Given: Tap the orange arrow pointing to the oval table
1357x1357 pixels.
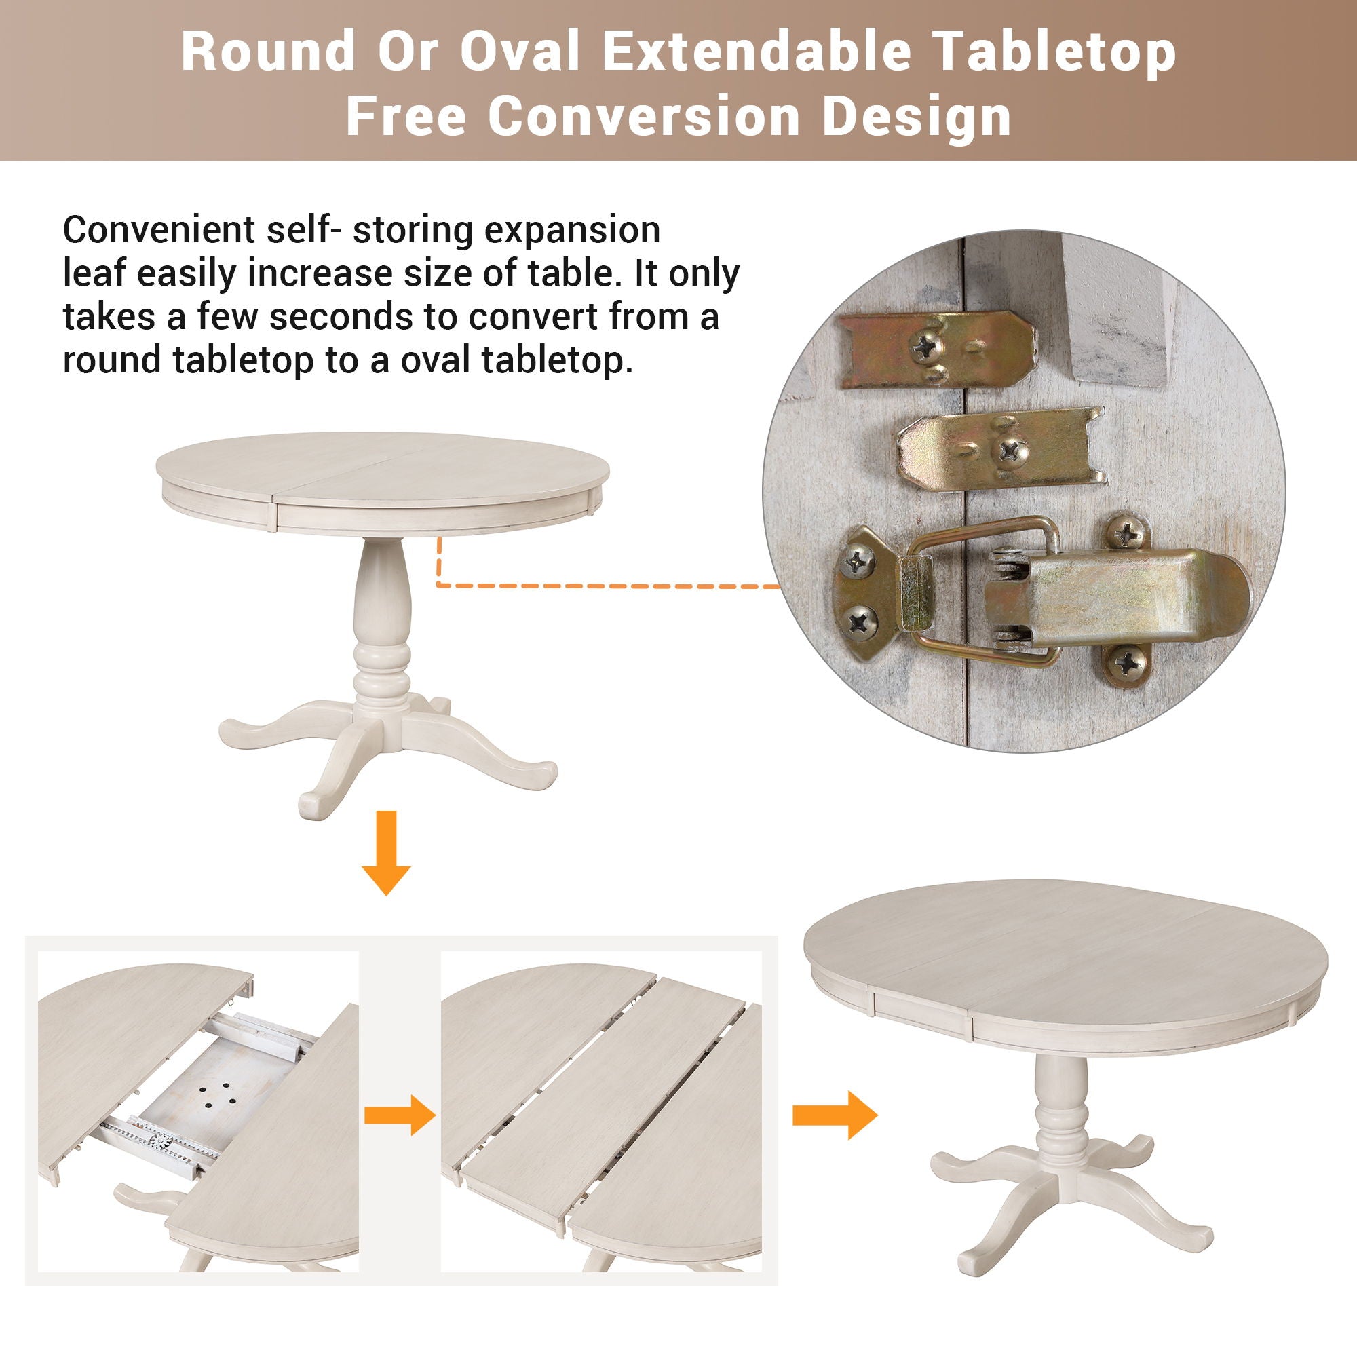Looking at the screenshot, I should [x=834, y=1114].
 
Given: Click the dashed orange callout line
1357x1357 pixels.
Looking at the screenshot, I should [x=604, y=585].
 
